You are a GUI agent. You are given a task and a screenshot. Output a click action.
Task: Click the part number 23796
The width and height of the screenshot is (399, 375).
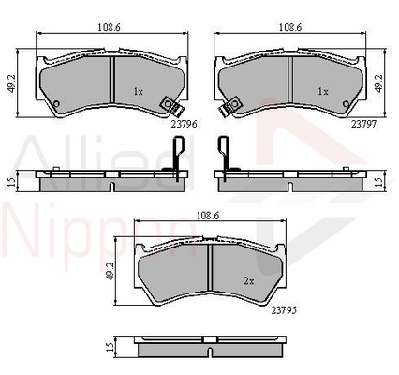(185, 124)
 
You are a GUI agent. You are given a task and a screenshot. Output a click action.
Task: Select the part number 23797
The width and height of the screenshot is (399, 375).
(364, 124)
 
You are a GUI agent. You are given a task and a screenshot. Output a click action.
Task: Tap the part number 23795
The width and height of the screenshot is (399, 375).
(284, 310)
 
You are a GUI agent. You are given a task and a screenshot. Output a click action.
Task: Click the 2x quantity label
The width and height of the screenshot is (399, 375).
(248, 281)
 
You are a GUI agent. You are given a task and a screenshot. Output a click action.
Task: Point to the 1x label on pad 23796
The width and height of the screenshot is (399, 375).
(139, 92)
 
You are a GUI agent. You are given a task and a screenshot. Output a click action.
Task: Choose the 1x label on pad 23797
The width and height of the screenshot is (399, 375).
(323, 92)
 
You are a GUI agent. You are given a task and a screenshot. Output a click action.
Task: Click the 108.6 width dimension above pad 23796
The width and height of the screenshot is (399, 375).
(109, 27)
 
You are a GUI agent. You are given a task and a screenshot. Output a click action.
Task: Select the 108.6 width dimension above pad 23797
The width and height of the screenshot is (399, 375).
(290, 27)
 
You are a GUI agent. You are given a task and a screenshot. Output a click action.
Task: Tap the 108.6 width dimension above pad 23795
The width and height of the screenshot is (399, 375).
(208, 216)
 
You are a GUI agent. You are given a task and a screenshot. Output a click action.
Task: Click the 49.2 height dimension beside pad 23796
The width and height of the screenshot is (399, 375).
(12, 83)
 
